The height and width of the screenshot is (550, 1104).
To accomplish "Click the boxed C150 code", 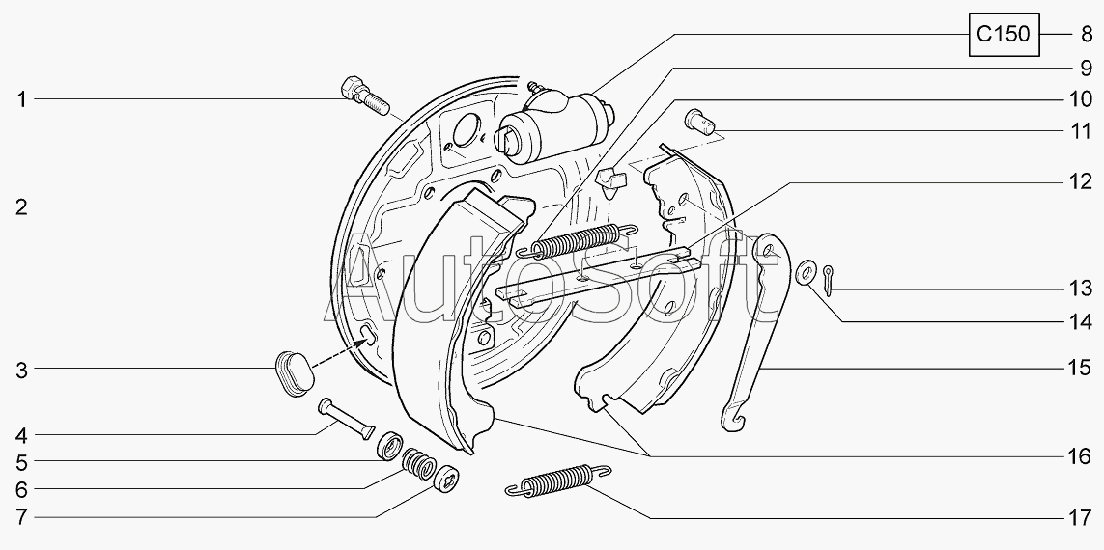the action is click(x=1004, y=34).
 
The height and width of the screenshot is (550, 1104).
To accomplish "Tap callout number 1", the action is click(x=22, y=100).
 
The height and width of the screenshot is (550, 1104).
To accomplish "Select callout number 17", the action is click(x=1079, y=519).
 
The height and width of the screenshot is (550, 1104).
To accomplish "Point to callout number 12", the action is click(x=1079, y=183).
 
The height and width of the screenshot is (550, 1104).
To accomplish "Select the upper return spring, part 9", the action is click(x=578, y=240).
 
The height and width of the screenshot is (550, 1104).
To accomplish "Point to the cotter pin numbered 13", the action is click(x=830, y=280).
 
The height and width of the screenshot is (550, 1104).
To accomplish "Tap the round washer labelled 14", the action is click(x=806, y=274).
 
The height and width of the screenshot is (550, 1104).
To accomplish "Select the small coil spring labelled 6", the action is click(x=418, y=463).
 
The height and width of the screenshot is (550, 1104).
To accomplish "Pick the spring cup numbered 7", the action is click(x=446, y=480).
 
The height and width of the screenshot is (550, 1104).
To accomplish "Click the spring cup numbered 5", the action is click(x=390, y=445).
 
